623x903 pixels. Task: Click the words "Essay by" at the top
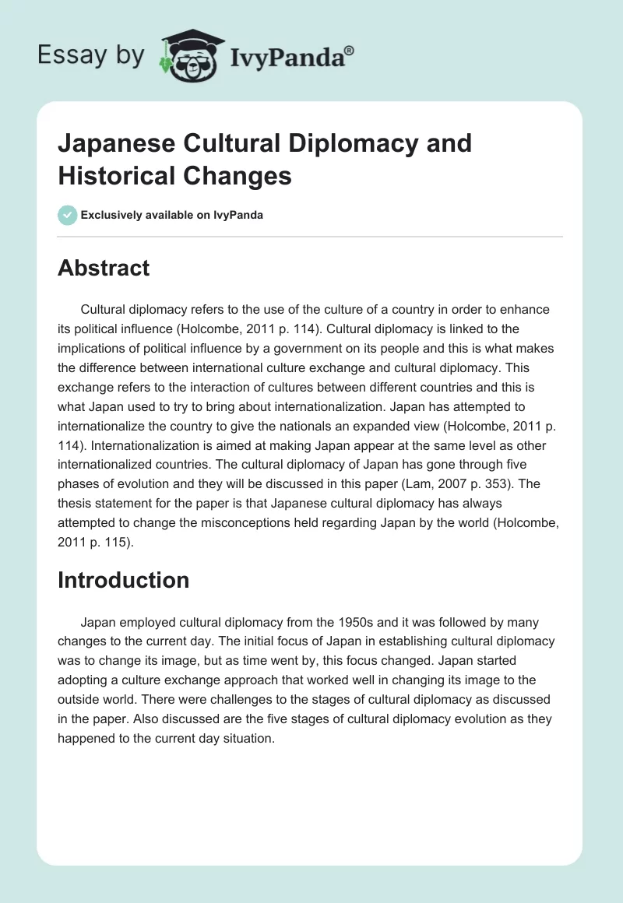92,55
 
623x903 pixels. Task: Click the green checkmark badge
68,215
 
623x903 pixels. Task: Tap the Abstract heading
104,268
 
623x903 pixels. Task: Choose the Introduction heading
123,580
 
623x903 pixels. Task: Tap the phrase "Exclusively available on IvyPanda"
172,215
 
